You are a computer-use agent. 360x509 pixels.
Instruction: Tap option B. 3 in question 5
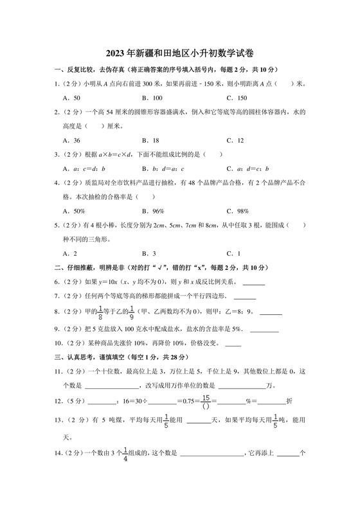click(151, 253)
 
